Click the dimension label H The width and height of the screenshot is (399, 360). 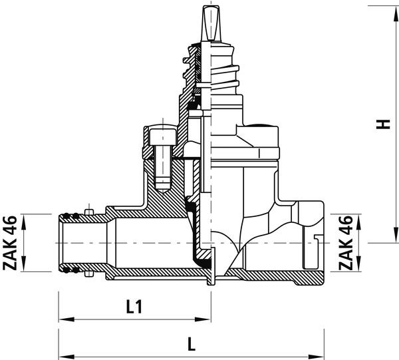pyautogui.click(x=383, y=124)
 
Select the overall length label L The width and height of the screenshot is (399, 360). pyautogui.click(x=192, y=344)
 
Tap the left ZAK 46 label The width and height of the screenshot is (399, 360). pyautogui.click(x=10, y=243)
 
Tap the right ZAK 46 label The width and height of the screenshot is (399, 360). pyautogui.click(x=346, y=243)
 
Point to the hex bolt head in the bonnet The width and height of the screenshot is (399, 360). pyautogui.click(x=163, y=137)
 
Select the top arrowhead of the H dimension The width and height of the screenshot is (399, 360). pyautogui.click(x=396, y=13)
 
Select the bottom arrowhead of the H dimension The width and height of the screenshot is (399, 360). pyautogui.click(x=396, y=235)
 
